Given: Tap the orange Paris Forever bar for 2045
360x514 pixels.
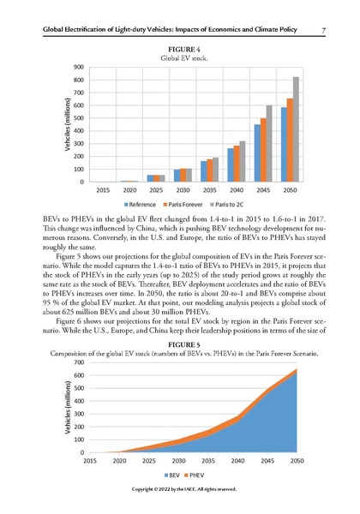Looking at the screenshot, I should pyautogui.click(x=264, y=150).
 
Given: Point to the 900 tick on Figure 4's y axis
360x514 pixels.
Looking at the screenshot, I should pyautogui.click(x=79, y=67).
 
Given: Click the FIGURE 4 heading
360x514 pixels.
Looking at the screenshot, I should pyautogui.click(x=180, y=51).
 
